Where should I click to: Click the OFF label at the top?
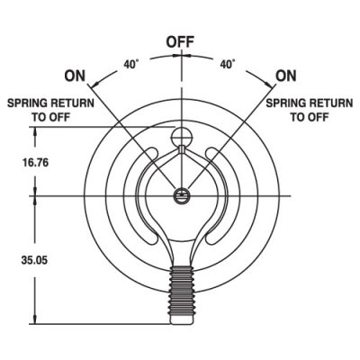180,42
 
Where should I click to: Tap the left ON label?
75,76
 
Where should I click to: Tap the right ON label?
286,76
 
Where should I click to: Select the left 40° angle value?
131,64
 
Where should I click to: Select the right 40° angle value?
228,64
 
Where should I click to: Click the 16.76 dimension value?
35,163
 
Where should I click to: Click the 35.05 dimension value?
34,260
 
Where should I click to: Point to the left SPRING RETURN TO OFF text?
50,110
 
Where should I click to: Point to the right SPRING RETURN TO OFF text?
310,110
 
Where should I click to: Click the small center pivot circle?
181,196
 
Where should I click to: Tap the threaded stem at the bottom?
181,290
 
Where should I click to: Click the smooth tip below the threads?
181,319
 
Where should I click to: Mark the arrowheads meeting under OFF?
182,55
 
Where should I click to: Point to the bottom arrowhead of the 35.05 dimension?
35,319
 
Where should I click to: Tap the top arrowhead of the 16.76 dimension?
35,132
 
